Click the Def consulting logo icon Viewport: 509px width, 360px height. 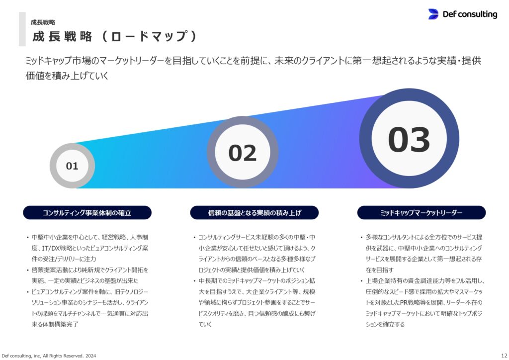(433, 14)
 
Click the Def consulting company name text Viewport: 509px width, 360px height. (470, 14)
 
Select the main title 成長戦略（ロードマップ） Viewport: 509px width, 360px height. (115, 36)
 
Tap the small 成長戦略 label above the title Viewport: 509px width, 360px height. (43, 22)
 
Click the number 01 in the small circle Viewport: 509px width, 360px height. (72, 166)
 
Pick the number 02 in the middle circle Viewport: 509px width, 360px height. (243, 153)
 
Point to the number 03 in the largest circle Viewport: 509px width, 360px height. (409, 140)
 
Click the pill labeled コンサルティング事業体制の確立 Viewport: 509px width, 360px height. (87, 213)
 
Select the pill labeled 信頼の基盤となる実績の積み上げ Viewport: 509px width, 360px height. (254, 213)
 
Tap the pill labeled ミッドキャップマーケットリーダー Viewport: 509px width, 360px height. (422, 213)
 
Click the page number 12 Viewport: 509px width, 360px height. (504, 356)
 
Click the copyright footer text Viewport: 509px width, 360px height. (49, 356)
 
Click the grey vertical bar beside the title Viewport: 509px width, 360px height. (22, 29)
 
